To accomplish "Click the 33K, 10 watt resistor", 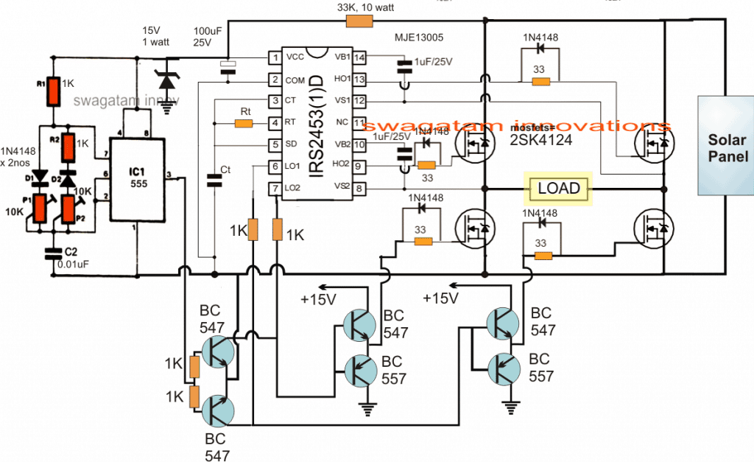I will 360,22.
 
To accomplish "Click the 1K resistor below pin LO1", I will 253,229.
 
